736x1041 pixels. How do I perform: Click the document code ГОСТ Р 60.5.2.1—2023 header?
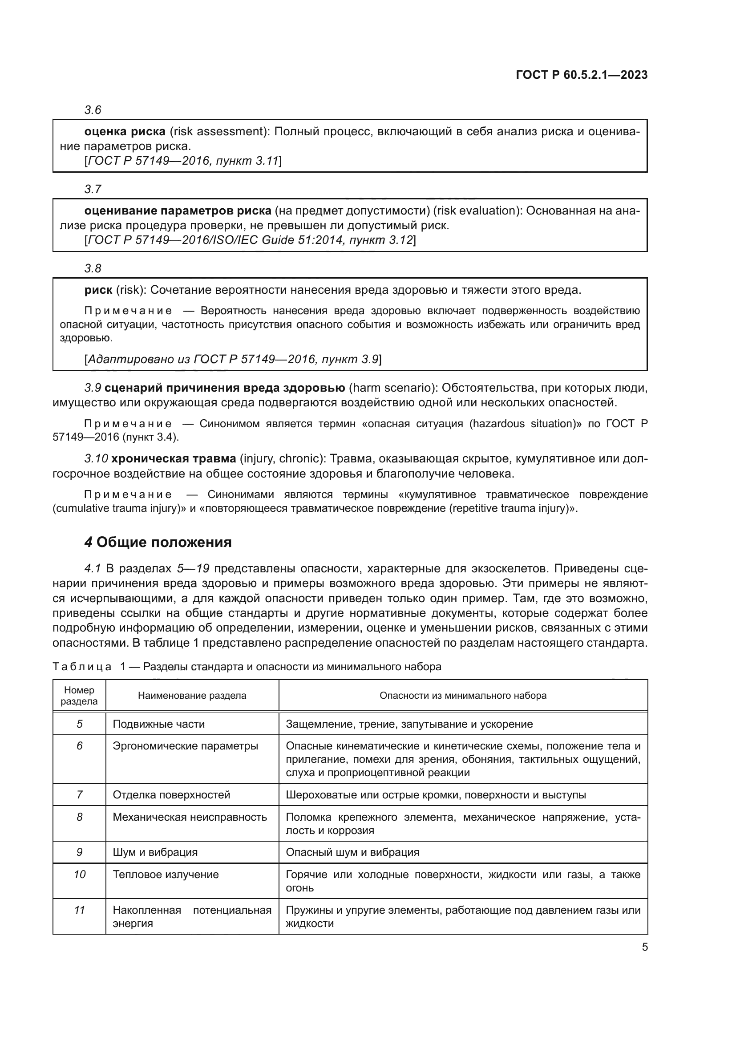[582, 75]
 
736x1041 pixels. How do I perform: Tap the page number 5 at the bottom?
[644, 947]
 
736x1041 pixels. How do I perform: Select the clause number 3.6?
[93, 110]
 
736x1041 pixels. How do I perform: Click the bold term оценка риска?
[125, 131]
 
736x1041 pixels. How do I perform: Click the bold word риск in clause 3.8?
[98, 290]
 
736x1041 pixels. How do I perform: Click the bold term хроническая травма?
[174, 459]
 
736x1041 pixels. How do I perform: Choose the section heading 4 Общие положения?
[158, 542]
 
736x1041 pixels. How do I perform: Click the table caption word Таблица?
[82, 667]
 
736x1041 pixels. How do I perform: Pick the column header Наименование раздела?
[192, 696]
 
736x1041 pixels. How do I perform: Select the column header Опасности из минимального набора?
[463, 696]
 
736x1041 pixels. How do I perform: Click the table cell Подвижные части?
[158, 724]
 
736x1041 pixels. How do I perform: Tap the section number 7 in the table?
[79, 795]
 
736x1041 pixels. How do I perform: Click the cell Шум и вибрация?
[155, 852]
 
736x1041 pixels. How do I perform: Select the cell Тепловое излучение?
[166, 875]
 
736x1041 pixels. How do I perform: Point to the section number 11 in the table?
[79, 910]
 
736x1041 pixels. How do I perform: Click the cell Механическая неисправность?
[190, 817]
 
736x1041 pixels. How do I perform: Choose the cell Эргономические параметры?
[186, 746]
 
